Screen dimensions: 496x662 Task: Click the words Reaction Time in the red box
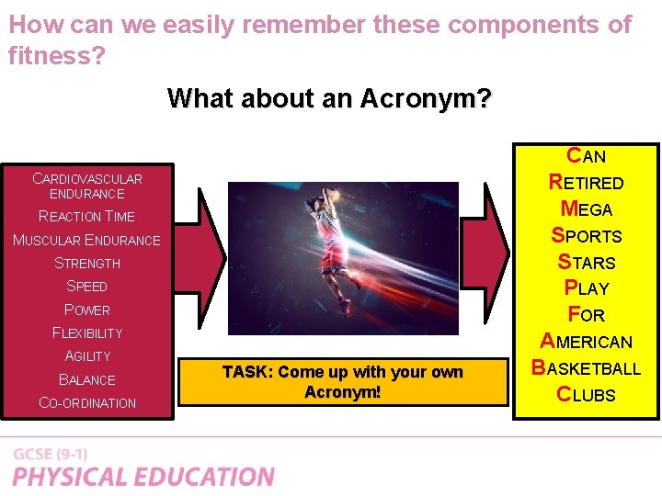[x=86, y=217]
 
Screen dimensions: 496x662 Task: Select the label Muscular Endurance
[x=86, y=241]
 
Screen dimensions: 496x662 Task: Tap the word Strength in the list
[x=87, y=264]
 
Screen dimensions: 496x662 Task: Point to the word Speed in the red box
[x=87, y=287]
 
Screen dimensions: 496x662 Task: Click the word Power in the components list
[x=87, y=310]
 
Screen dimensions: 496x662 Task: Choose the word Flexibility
[x=87, y=333]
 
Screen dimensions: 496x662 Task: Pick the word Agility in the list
[x=87, y=356]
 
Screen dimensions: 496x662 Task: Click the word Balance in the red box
[x=87, y=379]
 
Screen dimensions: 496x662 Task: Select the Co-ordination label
[x=87, y=403]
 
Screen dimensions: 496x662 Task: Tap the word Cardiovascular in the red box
[x=87, y=179]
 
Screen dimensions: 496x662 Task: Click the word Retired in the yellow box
[x=586, y=183]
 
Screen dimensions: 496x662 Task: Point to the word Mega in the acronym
[x=586, y=209]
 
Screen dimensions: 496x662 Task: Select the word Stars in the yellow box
[x=586, y=263]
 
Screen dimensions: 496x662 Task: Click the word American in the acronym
[x=586, y=342]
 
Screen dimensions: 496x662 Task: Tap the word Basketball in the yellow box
[x=586, y=368]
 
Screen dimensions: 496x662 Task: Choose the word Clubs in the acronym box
[x=586, y=395]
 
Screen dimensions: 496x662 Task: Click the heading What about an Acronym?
[x=329, y=97]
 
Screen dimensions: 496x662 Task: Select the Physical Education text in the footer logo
[x=143, y=477]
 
